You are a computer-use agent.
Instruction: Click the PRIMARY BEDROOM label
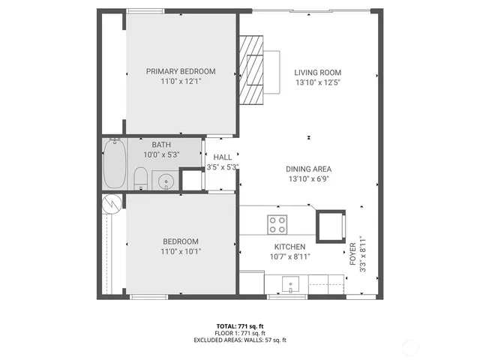181,71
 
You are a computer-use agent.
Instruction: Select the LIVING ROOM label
318,72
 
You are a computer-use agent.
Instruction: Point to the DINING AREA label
308,169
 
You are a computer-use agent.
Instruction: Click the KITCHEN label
289,247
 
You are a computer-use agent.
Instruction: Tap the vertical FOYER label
352,255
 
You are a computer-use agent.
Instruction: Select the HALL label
222,157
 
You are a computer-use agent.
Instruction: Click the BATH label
161,145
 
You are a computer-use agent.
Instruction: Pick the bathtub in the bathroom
115,163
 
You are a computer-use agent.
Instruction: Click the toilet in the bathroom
139,178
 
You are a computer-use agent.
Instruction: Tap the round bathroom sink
165,180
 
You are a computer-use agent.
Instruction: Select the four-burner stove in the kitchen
277,223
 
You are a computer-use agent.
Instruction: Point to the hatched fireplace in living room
253,71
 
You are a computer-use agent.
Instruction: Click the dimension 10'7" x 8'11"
289,256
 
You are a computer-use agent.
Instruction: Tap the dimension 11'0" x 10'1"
181,251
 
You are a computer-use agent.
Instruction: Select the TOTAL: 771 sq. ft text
239,325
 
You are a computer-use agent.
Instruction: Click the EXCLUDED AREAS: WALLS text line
239,340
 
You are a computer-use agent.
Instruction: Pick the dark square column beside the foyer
331,226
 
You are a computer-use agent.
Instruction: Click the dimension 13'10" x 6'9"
308,178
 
